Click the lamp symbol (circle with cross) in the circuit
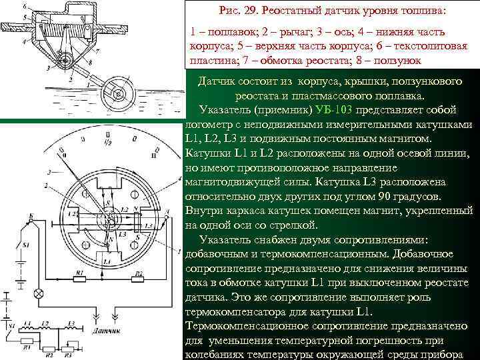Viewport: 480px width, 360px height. click(x=39, y=293)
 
